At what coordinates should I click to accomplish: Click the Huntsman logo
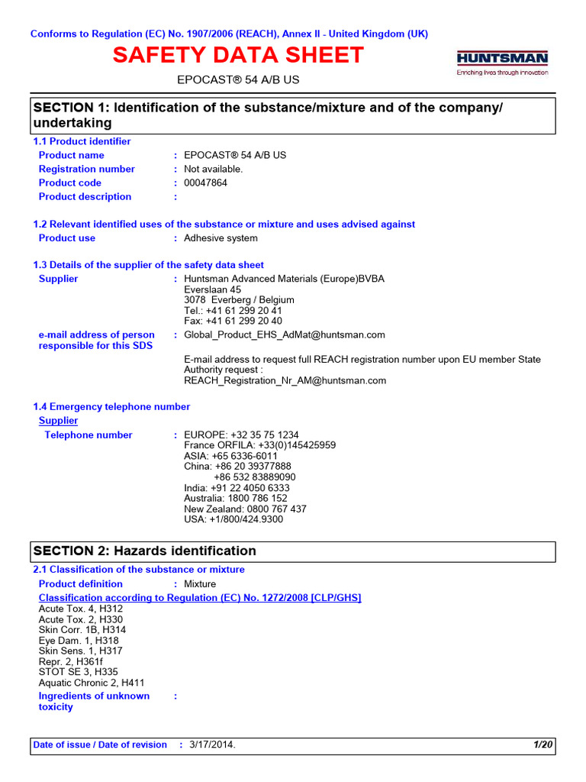pyautogui.click(x=502, y=62)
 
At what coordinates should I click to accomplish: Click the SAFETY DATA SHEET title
pyautogui.click(x=239, y=55)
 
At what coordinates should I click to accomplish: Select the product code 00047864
pyautogui.click(x=206, y=183)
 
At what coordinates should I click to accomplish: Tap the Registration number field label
pyautogui.click(x=87, y=169)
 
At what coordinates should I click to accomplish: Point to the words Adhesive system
pyautogui.click(x=221, y=238)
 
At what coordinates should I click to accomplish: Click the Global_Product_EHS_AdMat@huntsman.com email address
pyautogui.click(x=285, y=334)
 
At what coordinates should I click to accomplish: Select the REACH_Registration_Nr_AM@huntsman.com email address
pyautogui.click(x=285, y=380)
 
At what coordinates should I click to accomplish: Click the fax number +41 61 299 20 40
pyautogui.click(x=233, y=321)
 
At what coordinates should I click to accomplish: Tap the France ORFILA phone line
pyautogui.click(x=260, y=445)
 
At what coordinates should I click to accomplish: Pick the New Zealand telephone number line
pyautogui.click(x=246, y=509)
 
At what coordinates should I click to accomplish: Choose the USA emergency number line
pyautogui.click(x=233, y=519)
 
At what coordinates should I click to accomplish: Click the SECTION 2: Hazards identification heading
pyautogui.click(x=144, y=551)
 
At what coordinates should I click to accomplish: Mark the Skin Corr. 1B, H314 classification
pyautogui.click(x=82, y=630)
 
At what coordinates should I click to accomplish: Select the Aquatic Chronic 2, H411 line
pyautogui.click(x=92, y=683)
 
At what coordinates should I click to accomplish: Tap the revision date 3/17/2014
pyautogui.click(x=212, y=745)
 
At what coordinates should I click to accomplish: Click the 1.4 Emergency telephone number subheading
pyautogui.click(x=111, y=406)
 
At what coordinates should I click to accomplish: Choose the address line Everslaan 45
pyautogui.click(x=213, y=289)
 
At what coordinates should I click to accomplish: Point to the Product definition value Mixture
pyautogui.click(x=200, y=583)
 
